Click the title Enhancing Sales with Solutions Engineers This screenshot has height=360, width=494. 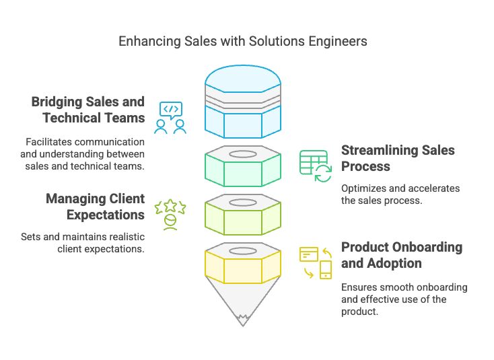pos(243,41)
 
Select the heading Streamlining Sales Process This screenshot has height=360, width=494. pos(398,157)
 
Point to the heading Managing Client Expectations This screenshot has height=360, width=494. pos(95,207)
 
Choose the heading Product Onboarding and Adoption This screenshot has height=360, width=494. pos(401,254)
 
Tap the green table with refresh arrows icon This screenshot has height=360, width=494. pos(315,166)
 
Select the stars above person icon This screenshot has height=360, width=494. pos(170,215)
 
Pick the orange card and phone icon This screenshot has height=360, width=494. pos(316,262)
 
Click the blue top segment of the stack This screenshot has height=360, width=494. pos(242,101)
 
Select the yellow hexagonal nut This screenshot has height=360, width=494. pos(242,266)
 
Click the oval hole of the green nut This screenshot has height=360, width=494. pos(242,154)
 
